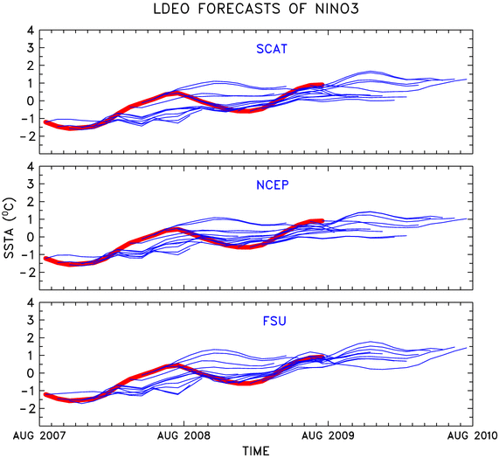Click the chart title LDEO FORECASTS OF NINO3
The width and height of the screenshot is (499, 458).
pyautogui.click(x=256, y=9)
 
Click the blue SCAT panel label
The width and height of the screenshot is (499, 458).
pyautogui.click(x=272, y=49)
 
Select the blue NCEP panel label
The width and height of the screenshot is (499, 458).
pyautogui.click(x=273, y=185)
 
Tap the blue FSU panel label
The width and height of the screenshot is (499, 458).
pyautogui.click(x=274, y=321)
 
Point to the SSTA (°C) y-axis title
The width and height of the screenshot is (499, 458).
pyautogui.click(x=10, y=228)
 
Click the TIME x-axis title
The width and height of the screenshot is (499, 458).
pyautogui.click(x=256, y=451)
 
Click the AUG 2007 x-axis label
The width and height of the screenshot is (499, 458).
pyautogui.click(x=39, y=435)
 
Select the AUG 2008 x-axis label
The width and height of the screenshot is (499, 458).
pyautogui.click(x=184, y=435)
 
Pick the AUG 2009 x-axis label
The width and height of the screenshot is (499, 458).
pyautogui.click(x=328, y=435)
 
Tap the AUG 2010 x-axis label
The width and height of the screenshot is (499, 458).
pyautogui.click(x=472, y=435)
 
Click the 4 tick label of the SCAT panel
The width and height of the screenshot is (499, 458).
pyautogui.click(x=31, y=31)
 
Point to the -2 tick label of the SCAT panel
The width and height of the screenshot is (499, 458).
pyautogui.click(x=27, y=136)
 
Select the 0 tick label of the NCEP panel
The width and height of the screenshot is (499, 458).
pyautogui.click(x=31, y=237)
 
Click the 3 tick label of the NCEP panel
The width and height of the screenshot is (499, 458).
pyautogui.click(x=31, y=184)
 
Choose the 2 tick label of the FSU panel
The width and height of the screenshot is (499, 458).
pyautogui.click(x=31, y=337)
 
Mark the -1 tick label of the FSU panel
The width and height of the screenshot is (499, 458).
pyautogui.click(x=27, y=391)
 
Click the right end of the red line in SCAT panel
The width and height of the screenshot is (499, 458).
pyautogui.click(x=322, y=85)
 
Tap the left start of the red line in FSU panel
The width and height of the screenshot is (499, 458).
pyautogui.click(x=45, y=394)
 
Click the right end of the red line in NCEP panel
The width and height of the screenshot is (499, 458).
pyautogui.click(x=322, y=220)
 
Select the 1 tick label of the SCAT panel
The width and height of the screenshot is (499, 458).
pyautogui.click(x=31, y=83)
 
